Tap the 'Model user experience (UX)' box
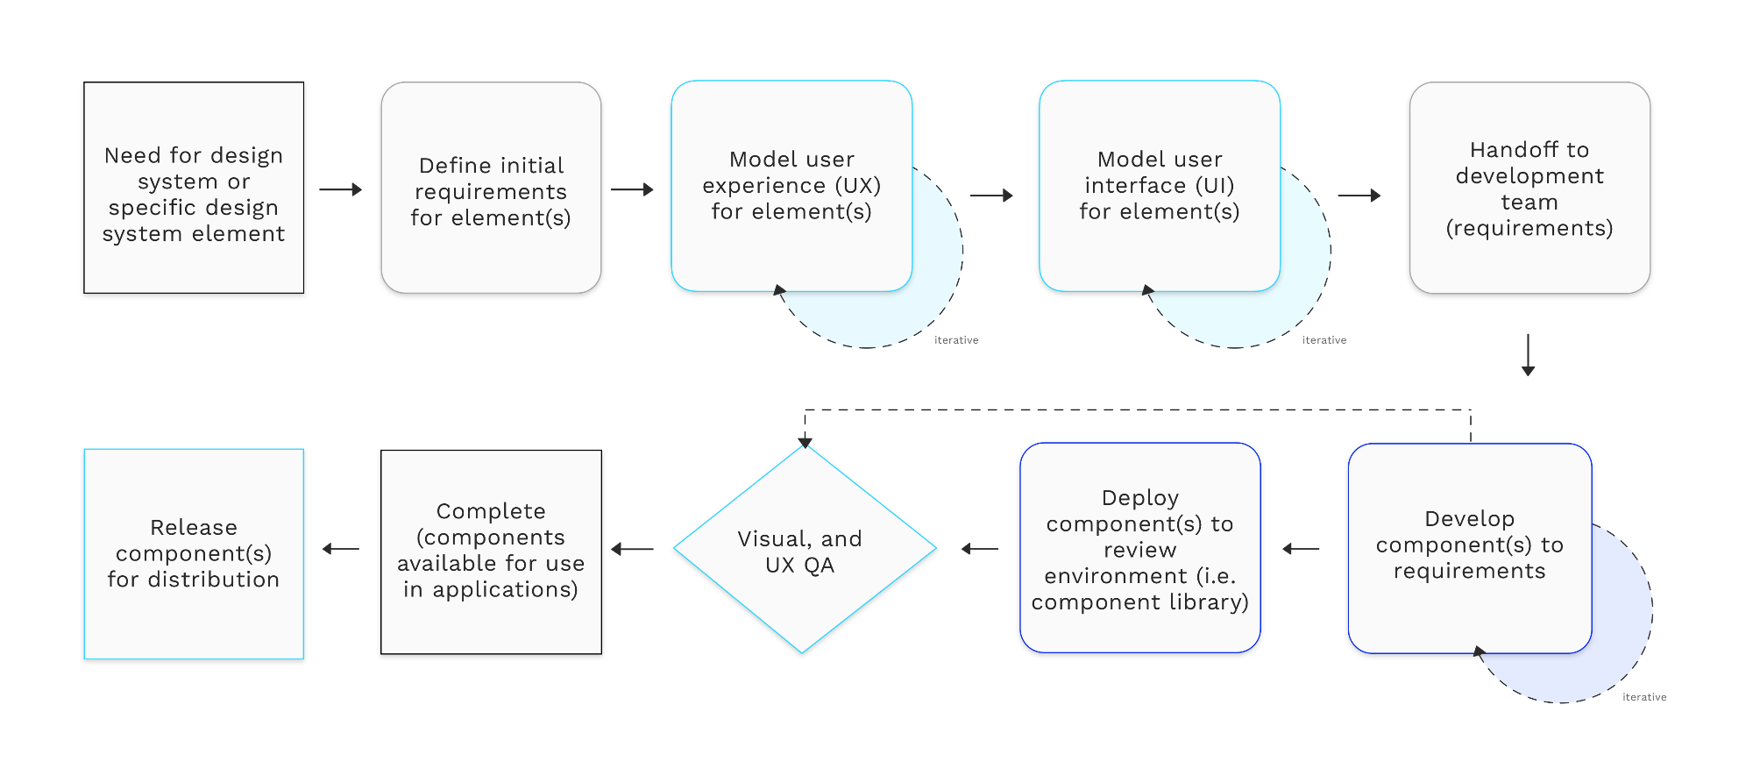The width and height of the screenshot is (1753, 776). [x=791, y=186]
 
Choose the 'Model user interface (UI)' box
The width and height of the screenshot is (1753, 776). [x=1159, y=186]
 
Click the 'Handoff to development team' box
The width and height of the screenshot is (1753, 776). [x=1529, y=188]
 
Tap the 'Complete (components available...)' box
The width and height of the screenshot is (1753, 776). [x=491, y=552]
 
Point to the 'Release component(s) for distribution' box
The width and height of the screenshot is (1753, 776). [x=194, y=553]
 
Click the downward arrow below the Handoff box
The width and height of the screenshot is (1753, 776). [x=1528, y=355]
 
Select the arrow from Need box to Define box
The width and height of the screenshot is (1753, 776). [x=341, y=189]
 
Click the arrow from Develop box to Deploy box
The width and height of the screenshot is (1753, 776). [x=1301, y=549]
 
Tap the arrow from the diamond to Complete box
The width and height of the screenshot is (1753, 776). [x=632, y=549]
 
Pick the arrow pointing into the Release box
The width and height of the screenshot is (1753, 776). [x=341, y=549]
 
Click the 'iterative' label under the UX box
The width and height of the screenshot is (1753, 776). [x=956, y=340]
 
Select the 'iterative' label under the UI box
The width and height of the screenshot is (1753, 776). [x=1324, y=340]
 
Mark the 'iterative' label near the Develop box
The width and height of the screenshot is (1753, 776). [x=1644, y=697]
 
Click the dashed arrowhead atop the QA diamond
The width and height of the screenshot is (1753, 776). [x=805, y=442]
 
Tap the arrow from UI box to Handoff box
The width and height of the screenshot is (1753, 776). [x=1359, y=196]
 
